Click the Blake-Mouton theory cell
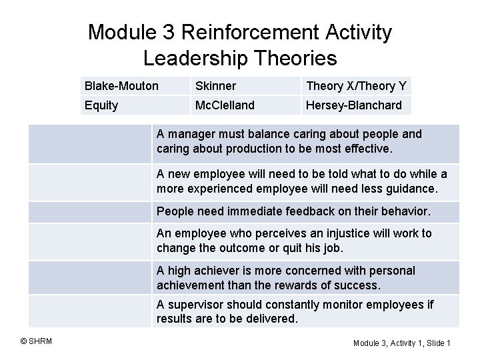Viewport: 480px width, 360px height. click(122, 85)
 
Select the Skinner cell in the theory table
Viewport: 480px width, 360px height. click(215, 85)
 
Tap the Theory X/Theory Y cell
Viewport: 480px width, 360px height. click(355, 85)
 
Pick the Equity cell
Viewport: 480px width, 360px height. click(101, 105)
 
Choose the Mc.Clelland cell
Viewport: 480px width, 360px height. click(224, 105)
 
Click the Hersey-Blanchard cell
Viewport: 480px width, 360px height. click(353, 105)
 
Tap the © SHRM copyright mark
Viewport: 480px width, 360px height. click(37, 342)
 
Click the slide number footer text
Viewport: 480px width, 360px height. click(402, 343)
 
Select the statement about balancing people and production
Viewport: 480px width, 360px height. click(289, 141)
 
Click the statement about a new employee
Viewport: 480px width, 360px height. click(302, 181)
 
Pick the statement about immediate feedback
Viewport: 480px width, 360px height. click(293, 211)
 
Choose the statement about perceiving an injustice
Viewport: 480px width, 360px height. click(294, 241)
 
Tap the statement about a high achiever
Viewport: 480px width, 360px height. click(286, 277)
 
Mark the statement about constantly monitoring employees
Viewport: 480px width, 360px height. click(295, 311)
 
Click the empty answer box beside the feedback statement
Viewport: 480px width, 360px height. click(89, 211)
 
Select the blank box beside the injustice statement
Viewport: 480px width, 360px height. click(89, 241)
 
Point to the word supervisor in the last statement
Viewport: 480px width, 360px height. click(194, 305)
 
